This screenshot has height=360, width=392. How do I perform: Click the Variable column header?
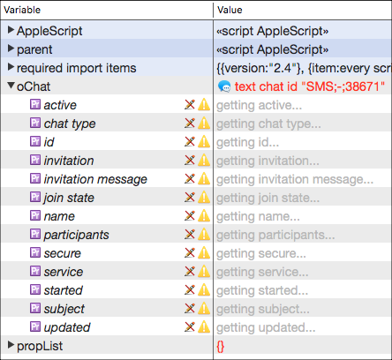(22, 10)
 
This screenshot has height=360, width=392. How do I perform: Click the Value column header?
(230, 10)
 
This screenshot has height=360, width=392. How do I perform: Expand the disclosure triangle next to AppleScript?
(11, 29)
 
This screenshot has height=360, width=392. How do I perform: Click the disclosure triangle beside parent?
(11, 48)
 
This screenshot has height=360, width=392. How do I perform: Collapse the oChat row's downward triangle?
(11, 86)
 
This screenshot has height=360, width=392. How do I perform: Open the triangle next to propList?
(11, 344)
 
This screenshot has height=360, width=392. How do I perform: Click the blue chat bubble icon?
(224, 86)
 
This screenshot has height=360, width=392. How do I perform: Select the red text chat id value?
(310, 86)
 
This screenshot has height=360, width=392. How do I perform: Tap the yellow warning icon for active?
(204, 105)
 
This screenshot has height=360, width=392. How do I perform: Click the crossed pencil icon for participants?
(190, 234)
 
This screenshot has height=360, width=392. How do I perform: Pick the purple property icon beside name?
(35, 215)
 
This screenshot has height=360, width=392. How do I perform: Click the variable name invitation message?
(95, 179)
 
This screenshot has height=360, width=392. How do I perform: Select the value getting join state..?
(268, 198)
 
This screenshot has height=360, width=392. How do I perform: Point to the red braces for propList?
(221, 347)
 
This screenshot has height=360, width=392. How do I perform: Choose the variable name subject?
(64, 309)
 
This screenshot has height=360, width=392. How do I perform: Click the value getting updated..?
(266, 327)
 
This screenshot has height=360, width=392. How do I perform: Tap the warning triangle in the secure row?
(204, 253)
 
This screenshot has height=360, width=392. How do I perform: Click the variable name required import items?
(77, 68)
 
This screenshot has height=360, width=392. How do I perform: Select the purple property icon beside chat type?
(35, 123)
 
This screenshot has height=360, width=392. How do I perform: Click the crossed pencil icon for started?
(190, 289)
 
